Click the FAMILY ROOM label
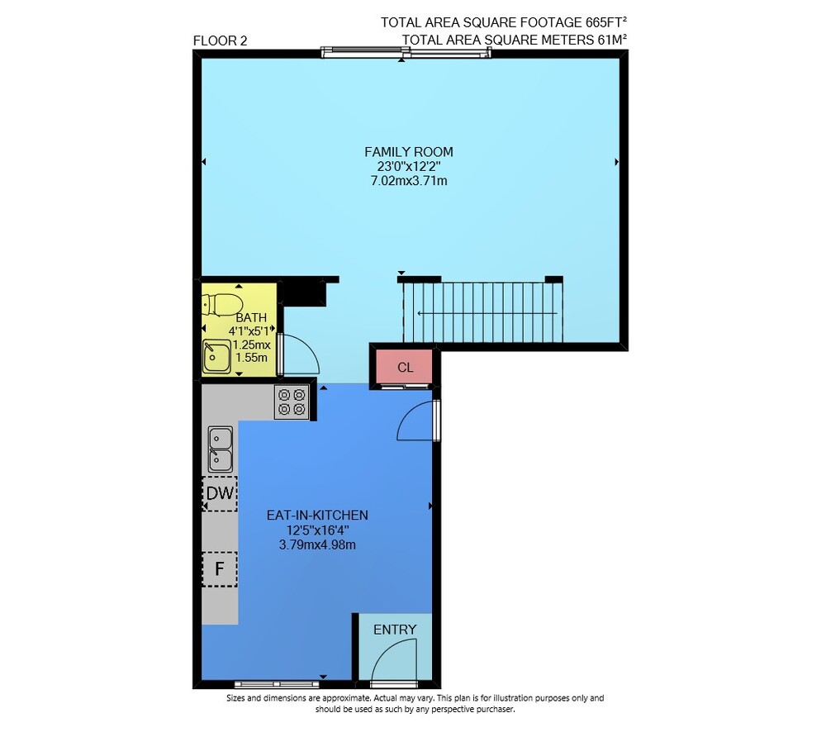click(x=408, y=152)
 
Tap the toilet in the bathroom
click(x=221, y=305)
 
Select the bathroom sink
click(x=216, y=356)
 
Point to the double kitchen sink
click(x=221, y=449)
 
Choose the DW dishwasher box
click(x=220, y=493)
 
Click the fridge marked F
click(x=220, y=569)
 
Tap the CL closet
click(x=405, y=368)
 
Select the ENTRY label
click(x=395, y=630)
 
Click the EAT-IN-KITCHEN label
click(x=317, y=515)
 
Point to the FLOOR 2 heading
click(x=221, y=40)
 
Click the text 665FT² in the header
click(x=605, y=22)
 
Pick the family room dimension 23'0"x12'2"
click(x=409, y=167)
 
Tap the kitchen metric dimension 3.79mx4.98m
click(x=317, y=545)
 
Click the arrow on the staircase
click(x=487, y=314)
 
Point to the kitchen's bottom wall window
click(x=277, y=685)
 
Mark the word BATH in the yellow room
click(x=251, y=318)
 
